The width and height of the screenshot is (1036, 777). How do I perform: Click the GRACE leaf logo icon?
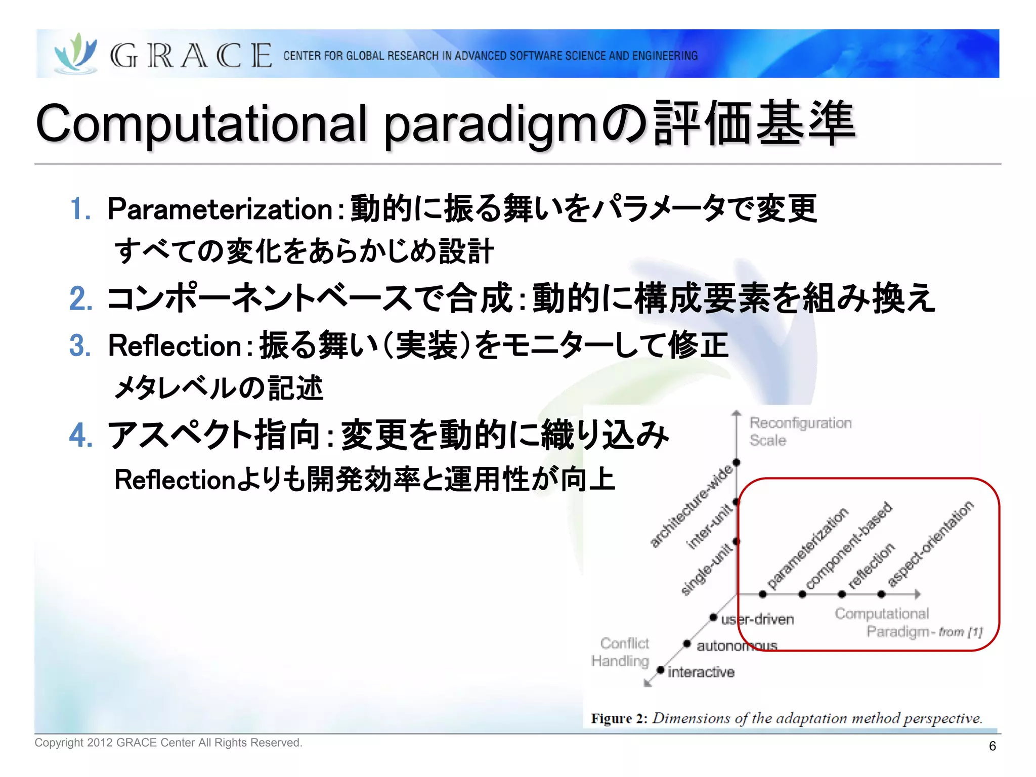click(76, 53)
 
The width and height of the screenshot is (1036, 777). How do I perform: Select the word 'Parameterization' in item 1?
click(220, 209)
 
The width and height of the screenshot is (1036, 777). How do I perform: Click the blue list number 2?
click(80, 298)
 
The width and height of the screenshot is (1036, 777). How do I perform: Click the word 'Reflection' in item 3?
click(175, 346)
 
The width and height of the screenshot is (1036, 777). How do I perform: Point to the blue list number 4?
click(80, 435)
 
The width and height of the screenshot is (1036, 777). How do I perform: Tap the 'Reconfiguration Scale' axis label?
click(800, 431)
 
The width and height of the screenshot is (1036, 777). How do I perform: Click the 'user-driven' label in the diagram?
click(757, 619)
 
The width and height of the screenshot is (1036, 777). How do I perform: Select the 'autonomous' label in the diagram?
click(737, 646)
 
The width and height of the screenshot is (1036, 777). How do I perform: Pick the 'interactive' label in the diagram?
click(701, 672)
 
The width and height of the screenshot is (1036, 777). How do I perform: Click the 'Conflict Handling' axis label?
click(621, 652)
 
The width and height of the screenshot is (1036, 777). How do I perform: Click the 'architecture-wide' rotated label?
click(691, 506)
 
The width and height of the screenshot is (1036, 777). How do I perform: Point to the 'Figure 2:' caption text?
click(619, 718)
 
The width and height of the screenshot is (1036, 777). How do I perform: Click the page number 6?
click(992, 746)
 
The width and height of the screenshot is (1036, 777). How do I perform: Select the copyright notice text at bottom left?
click(168, 743)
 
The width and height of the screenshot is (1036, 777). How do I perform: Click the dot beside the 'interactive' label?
click(660, 670)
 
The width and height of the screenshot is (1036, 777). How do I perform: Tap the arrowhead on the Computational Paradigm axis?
click(917, 594)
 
